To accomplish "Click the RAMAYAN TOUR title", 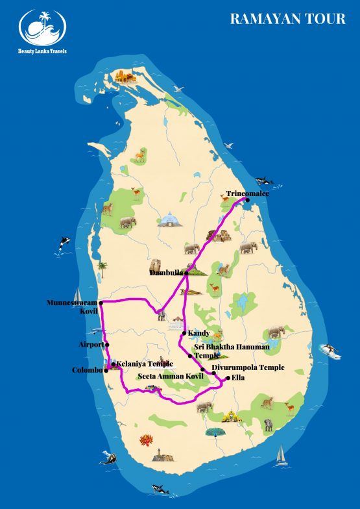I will point(287,19).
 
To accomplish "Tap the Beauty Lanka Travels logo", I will point(43,31).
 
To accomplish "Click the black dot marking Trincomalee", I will point(247,200).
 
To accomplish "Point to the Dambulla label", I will point(167,273).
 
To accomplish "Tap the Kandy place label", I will point(198,333).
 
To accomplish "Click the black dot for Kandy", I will point(185,334).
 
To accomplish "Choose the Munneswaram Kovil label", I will point(73,307).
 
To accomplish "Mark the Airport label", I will point(91,344).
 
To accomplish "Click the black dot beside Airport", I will point(107,345).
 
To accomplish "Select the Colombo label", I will point(88,370).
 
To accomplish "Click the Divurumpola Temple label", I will point(248,368).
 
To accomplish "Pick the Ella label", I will point(237,377).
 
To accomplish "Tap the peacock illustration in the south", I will point(214,431).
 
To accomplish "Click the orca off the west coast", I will point(64,243).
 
